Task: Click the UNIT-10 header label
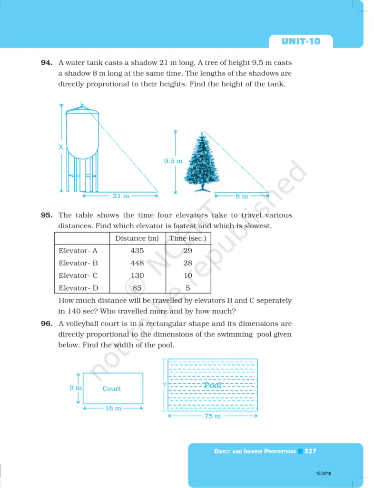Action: pyautogui.click(x=301, y=41)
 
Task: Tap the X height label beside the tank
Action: pyautogui.click(x=61, y=147)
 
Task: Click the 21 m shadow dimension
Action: pyautogui.click(x=120, y=196)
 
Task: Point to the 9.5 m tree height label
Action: pyautogui.click(x=173, y=161)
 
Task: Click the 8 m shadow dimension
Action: pyautogui.click(x=241, y=196)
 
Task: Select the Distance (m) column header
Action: pyautogui.click(x=137, y=238)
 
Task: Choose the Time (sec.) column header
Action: pyautogui.click(x=187, y=238)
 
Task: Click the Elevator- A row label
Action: pyautogui.click(x=78, y=251)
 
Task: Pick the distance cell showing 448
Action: pyautogui.click(x=137, y=263)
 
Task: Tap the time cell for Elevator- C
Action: pyautogui.click(x=188, y=275)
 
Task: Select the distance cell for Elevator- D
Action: pyautogui.click(x=137, y=288)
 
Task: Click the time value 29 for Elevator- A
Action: pyautogui.click(x=188, y=251)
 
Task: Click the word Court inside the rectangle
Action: pyautogui.click(x=111, y=389)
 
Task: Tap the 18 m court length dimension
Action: pyautogui.click(x=113, y=408)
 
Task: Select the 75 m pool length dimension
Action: pyautogui.click(x=212, y=417)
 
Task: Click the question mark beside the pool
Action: pyautogui.click(x=164, y=385)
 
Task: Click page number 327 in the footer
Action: pyautogui.click(x=310, y=451)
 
